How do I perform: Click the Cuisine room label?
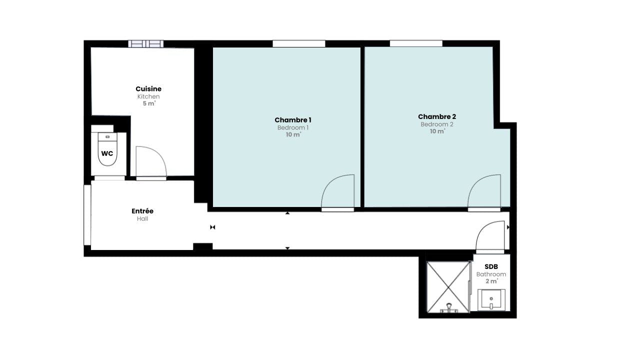[148, 89]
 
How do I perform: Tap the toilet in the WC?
[107, 149]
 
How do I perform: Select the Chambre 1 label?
[293, 120]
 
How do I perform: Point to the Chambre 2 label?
[437, 116]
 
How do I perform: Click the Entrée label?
[142, 211]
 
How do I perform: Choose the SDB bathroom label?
[491, 266]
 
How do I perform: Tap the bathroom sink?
[491, 299]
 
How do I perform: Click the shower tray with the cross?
[448, 287]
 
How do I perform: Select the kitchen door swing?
[151, 163]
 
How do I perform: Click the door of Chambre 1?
[337, 193]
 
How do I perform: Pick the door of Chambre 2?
[484, 193]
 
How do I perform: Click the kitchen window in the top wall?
[145, 43]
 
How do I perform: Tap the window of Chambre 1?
[299, 43]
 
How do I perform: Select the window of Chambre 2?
[416, 43]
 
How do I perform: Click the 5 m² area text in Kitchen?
[149, 103]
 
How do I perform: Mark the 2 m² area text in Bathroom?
[491, 281]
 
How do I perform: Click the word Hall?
[142, 219]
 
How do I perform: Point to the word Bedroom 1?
[293, 127]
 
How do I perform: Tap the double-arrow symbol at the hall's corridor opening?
[212, 227]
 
